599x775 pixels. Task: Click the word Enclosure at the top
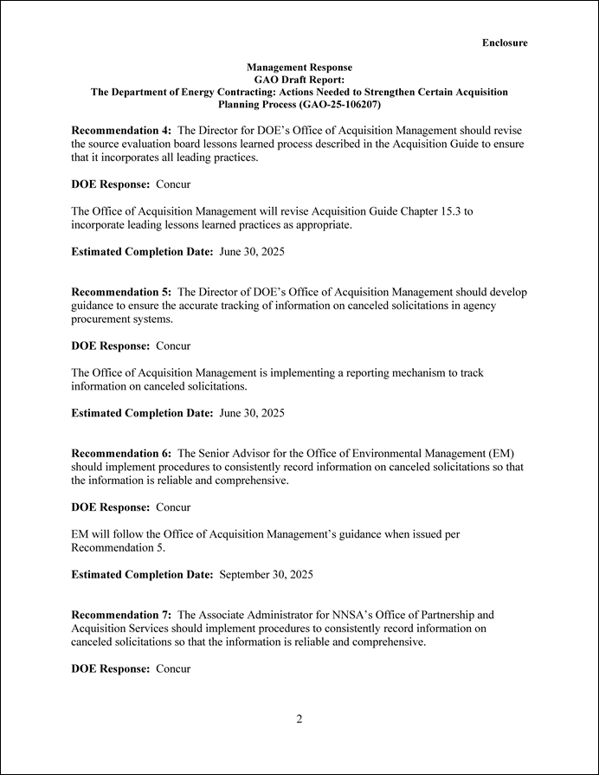[x=505, y=42]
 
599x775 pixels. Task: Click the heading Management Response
[x=299, y=67]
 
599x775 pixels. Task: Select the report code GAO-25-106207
[x=339, y=104]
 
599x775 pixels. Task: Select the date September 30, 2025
[x=267, y=574]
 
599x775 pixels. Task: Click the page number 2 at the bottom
[x=299, y=719]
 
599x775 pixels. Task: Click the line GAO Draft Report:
[x=299, y=79]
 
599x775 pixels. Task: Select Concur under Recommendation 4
[x=173, y=184]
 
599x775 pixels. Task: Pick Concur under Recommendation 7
[x=173, y=668]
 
